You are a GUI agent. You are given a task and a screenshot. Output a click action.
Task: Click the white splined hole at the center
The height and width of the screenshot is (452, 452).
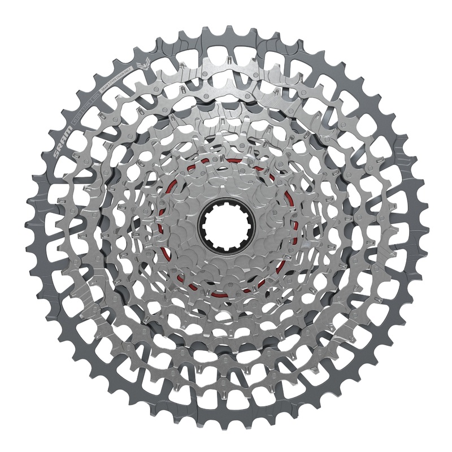point(227,227)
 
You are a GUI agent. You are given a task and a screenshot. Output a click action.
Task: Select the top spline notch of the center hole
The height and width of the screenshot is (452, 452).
point(227,205)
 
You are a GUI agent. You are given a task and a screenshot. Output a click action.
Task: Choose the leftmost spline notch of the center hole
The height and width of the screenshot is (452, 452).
point(205,227)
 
